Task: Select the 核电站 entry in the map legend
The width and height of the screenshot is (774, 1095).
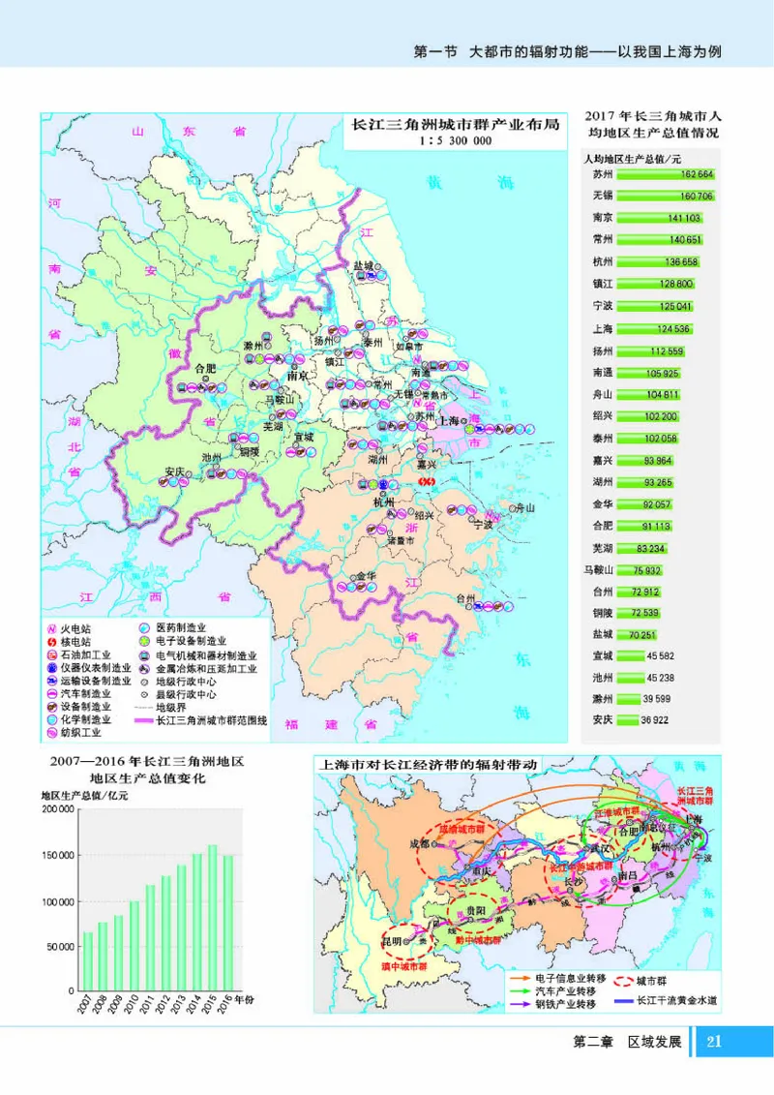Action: click(74, 641)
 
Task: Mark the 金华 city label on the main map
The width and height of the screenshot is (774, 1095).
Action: click(366, 575)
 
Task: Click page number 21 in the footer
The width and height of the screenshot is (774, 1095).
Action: click(714, 1042)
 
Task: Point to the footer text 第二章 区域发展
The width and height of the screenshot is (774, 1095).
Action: click(628, 1043)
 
